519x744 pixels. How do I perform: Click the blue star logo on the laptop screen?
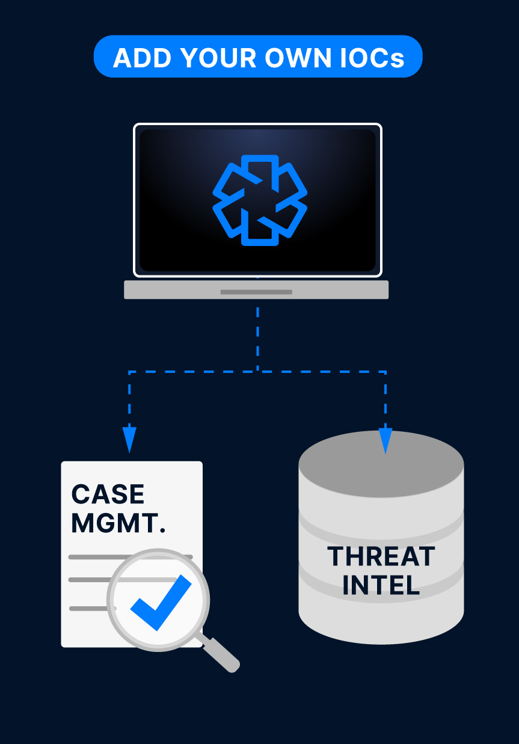[260, 200]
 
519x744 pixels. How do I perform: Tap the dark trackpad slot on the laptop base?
[256, 292]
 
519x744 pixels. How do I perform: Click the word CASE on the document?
[108, 494]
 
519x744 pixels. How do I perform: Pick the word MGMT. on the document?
[118, 523]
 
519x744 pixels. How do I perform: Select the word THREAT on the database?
[381, 557]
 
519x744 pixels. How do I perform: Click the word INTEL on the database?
[381, 585]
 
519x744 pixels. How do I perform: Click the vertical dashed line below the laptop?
[257, 337]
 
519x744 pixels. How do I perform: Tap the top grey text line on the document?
[90, 557]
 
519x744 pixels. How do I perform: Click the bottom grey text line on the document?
[87, 608]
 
